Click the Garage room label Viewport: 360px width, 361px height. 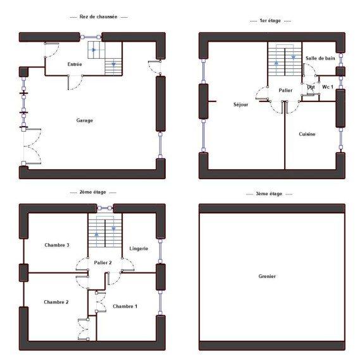click(x=85, y=120)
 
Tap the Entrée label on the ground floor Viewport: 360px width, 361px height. click(x=75, y=65)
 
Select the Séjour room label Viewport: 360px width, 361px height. click(x=240, y=105)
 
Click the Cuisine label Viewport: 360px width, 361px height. click(x=307, y=134)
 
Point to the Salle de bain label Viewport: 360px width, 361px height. click(x=320, y=58)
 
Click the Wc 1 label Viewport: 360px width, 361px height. click(x=327, y=86)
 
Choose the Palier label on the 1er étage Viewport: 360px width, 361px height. click(x=285, y=91)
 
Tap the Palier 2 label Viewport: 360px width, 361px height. click(x=102, y=262)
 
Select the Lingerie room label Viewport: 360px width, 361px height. click(x=138, y=249)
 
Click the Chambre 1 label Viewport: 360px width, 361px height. click(x=125, y=306)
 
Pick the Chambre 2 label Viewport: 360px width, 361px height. click(x=56, y=302)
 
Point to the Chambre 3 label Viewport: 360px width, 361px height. click(x=56, y=244)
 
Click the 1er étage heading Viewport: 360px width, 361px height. click(x=270, y=21)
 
